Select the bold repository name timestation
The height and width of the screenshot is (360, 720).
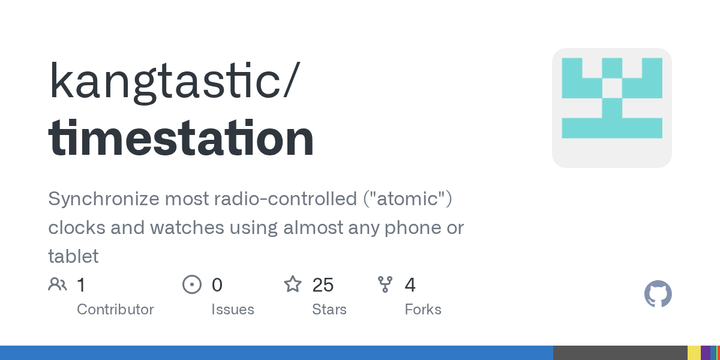pyautogui.click(x=181, y=139)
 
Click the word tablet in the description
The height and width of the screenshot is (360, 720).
pyautogui.click(x=74, y=256)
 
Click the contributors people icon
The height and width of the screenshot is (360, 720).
pyautogui.click(x=57, y=285)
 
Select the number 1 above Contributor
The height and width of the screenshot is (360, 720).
pyautogui.click(x=81, y=285)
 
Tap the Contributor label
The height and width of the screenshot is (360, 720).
pyautogui.click(x=115, y=309)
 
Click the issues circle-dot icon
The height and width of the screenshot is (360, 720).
pyautogui.click(x=192, y=285)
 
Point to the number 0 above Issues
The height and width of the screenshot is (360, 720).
pyautogui.click(x=217, y=285)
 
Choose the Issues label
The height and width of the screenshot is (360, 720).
pyautogui.click(x=232, y=309)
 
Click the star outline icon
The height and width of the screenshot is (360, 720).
pyautogui.click(x=293, y=285)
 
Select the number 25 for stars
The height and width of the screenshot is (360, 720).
pyautogui.click(x=323, y=285)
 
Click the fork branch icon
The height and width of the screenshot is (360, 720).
pyautogui.click(x=385, y=285)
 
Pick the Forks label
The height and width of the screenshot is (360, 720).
pyautogui.click(x=423, y=309)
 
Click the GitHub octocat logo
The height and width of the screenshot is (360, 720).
pyautogui.click(x=658, y=294)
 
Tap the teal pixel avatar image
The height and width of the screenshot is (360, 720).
pyautogui.click(x=612, y=107)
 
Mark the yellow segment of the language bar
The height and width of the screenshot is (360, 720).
pyautogui.click(x=693, y=353)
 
